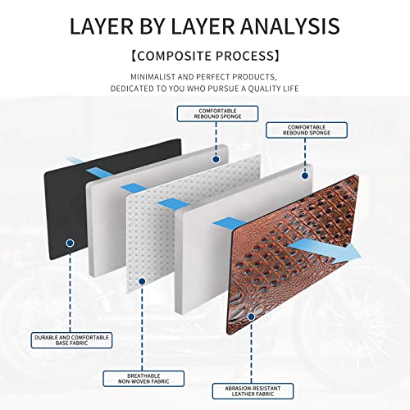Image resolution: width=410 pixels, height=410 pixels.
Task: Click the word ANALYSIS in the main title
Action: click(x=290, y=26)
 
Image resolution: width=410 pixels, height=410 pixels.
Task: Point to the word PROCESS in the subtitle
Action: click(x=244, y=56)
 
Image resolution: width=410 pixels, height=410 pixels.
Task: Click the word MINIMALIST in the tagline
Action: click(x=153, y=77)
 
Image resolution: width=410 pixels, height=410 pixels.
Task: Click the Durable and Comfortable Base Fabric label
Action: click(x=71, y=340)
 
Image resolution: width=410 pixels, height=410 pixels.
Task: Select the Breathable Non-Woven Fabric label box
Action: click(x=143, y=379)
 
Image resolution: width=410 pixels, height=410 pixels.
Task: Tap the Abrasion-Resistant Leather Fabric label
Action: click(x=253, y=391)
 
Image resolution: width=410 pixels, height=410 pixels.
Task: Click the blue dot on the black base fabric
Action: click(x=71, y=243)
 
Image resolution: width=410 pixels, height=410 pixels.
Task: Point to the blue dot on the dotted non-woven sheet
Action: click(x=142, y=281)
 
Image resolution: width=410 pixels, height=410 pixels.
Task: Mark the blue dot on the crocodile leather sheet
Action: click(x=251, y=317)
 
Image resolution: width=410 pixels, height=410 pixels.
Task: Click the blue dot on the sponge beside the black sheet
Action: click(x=216, y=159)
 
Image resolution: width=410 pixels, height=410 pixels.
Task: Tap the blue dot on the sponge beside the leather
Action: click(x=305, y=175)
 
